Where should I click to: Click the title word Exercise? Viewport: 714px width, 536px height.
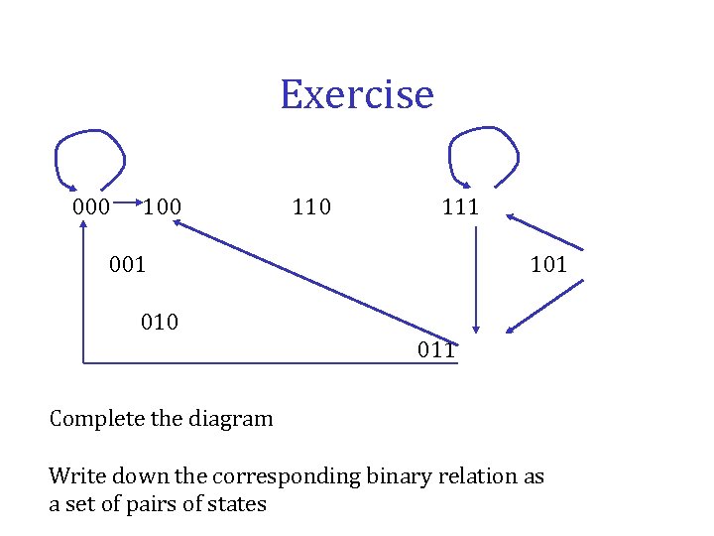click(356, 95)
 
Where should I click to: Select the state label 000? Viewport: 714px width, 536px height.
click(91, 207)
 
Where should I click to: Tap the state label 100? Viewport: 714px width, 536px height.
click(162, 207)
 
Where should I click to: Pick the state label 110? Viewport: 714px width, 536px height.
click(311, 207)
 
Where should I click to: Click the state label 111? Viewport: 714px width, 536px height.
click(460, 207)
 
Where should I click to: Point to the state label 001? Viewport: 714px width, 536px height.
click(127, 264)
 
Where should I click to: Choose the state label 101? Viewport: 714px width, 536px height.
click(548, 264)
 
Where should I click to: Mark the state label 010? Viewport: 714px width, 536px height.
click(159, 322)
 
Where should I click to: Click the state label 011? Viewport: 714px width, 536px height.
click(436, 349)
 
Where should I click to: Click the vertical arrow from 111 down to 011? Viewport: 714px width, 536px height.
click(477, 278)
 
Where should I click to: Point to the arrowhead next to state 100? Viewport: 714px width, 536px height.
click(178, 224)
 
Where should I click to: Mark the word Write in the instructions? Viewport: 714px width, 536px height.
click(75, 476)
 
